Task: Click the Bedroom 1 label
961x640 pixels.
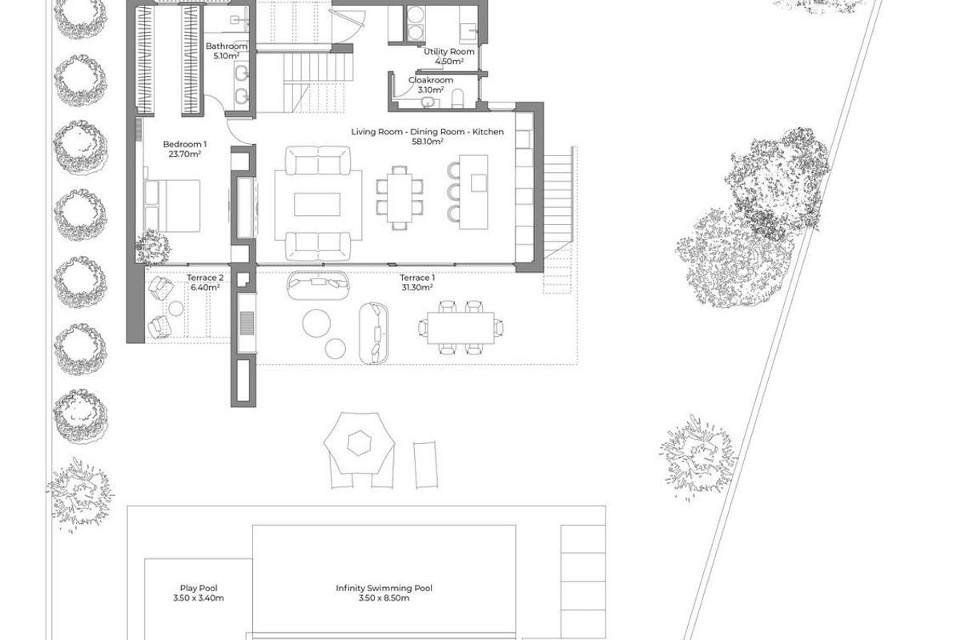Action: [185, 144]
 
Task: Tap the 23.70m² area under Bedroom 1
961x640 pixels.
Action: [185, 154]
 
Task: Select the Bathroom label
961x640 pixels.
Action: [226, 46]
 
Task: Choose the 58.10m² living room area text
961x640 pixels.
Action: [428, 142]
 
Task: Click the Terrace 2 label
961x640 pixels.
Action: [204, 278]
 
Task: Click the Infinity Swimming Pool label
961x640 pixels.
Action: [384, 588]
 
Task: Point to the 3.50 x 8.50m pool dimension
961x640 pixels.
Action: [384, 598]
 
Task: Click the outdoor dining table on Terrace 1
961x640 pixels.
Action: [461, 326]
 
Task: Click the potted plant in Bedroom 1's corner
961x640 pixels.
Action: [153, 246]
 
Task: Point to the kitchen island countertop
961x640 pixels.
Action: [479, 194]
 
